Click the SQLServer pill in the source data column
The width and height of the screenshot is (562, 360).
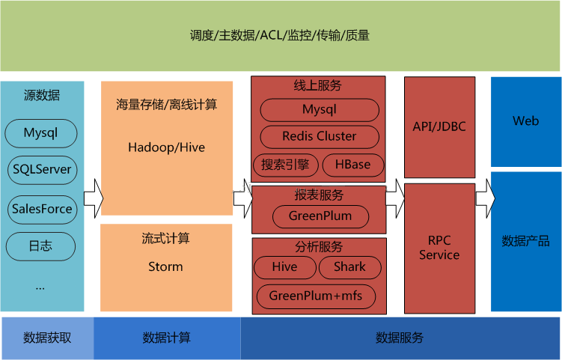[43, 170]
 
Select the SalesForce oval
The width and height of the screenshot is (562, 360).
[43, 210]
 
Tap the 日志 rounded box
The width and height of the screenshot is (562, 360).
[40, 246]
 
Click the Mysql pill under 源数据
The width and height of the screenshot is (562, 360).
[41, 133]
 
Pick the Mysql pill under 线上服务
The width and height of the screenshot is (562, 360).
[320, 110]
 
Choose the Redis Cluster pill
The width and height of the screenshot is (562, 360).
[320, 137]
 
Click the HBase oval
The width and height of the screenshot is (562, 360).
[353, 165]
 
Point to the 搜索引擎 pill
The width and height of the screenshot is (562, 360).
[285, 165]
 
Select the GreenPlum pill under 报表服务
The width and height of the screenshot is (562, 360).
[320, 216]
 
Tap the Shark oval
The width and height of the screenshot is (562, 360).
[349, 267]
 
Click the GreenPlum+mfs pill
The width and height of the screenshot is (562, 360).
[316, 296]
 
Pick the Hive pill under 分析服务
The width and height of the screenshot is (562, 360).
[285, 267]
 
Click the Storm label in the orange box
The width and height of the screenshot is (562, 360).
[165, 266]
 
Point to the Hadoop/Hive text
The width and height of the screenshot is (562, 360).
[167, 147]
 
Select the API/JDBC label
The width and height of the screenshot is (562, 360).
[439, 126]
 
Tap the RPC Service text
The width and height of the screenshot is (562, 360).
[439, 248]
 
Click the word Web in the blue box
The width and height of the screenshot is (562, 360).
[526, 121]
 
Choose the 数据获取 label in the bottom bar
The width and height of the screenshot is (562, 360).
[47, 338]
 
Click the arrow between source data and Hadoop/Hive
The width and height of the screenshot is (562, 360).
[94, 198]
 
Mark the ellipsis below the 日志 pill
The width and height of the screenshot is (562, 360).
[40, 288]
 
